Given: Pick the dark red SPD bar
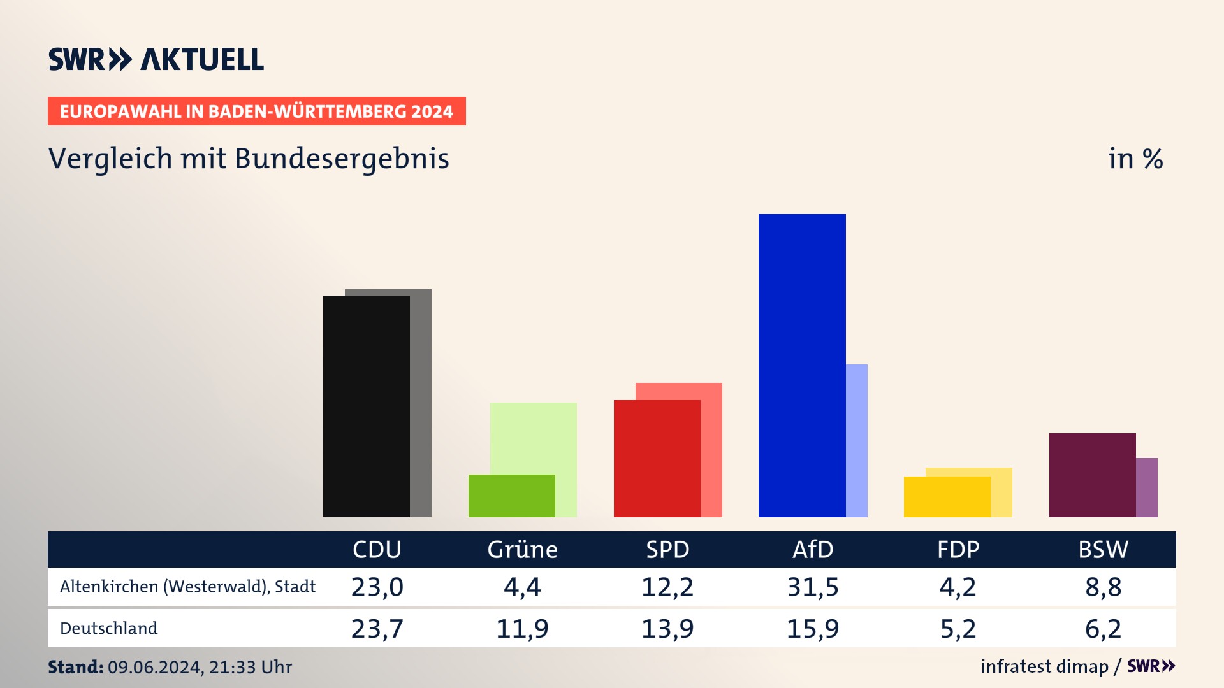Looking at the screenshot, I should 657,458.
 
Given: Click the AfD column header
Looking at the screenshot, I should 813,550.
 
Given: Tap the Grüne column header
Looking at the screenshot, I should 522,550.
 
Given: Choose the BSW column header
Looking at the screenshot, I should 1103,550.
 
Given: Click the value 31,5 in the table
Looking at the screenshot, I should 813,587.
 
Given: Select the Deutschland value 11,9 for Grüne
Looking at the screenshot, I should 522,629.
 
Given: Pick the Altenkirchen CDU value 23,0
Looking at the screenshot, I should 377,587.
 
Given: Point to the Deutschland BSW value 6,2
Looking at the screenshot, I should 1103,629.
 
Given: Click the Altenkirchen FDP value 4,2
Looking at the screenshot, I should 958,587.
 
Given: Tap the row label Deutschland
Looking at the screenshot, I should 109,629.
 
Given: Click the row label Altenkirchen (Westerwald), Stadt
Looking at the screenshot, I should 188,587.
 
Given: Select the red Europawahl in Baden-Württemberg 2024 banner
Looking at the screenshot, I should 256,111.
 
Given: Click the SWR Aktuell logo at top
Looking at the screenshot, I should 156,59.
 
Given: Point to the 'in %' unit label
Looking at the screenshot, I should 1135,159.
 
